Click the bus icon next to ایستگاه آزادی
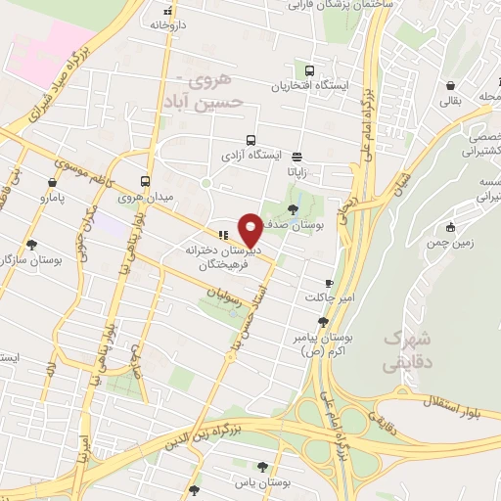tap(250, 140)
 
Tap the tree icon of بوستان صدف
tap(294, 207)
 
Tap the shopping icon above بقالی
tap(448, 84)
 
